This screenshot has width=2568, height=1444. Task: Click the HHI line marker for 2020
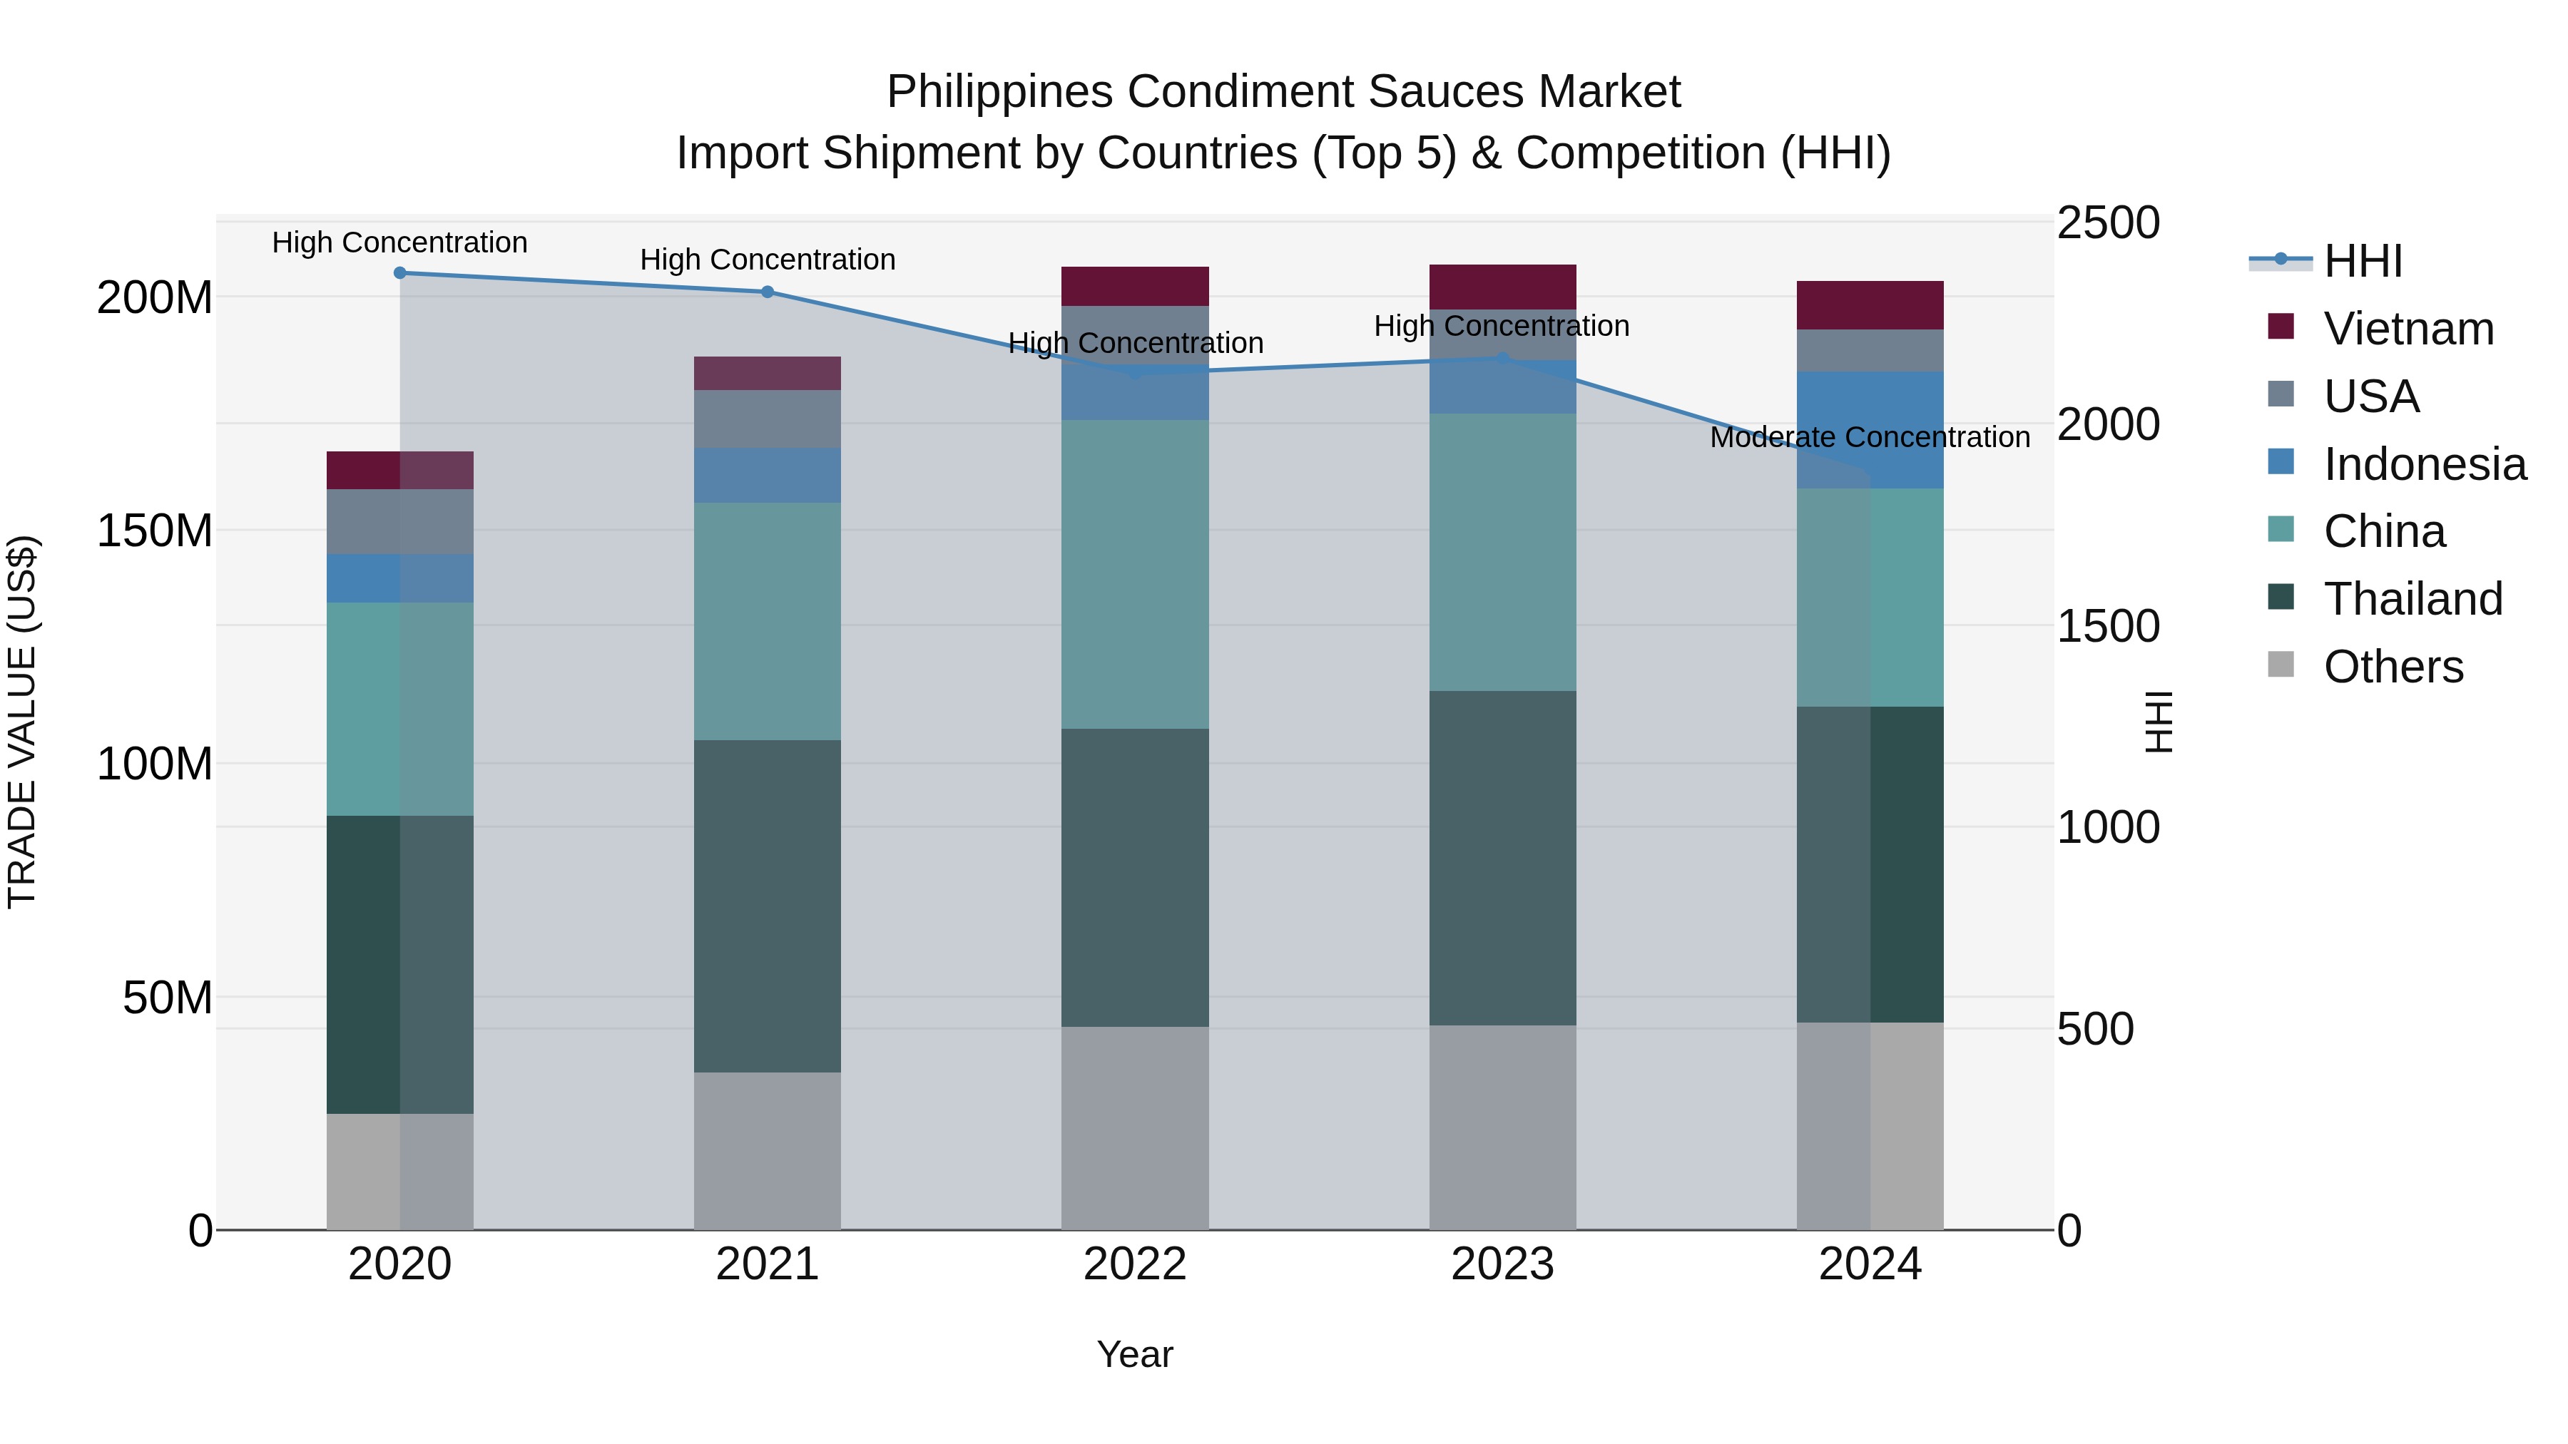(x=399, y=272)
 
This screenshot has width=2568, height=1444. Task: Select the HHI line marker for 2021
(x=768, y=292)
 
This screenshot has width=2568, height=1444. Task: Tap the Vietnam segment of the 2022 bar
(x=1134, y=286)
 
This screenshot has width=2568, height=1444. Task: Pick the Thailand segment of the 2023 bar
(x=1502, y=857)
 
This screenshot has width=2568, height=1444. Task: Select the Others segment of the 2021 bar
(x=768, y=1150)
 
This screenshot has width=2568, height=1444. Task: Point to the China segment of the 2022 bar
(x=1134, y=574)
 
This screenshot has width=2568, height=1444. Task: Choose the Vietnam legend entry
(x=2407, y=329)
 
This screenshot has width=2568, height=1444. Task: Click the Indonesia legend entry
(x=2425, y=464)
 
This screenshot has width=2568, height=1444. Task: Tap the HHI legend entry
(x=2363, y=261)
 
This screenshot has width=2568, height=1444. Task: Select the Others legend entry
(x=2393, y=667)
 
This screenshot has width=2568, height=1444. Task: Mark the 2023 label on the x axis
(x=1502, y=1264)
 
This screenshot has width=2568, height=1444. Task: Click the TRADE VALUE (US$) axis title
(x=22, y=722)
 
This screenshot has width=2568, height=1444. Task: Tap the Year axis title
(x=1134, y=1354)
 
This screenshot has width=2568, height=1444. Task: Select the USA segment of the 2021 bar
(x=768, y=419)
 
